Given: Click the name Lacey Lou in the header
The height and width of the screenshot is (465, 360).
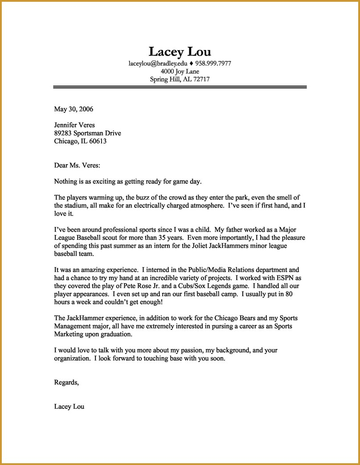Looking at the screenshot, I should click(x=180, y=51).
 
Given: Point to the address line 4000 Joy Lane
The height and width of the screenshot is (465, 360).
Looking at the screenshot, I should click(x=180, y=71).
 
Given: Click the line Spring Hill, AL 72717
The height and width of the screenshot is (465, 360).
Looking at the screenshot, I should click(x=180, y=79).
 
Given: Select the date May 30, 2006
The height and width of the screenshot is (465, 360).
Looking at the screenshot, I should click(x=74, y=109).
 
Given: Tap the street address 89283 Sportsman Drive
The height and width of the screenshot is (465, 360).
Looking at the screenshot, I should click(x=87, y=133).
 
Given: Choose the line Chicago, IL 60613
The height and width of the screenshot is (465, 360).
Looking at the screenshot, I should click(x=80, y=141).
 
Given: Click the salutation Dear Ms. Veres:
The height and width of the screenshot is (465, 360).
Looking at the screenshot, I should click(x=77, y=165).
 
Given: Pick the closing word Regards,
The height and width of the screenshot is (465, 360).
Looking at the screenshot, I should click(x=66, y=382).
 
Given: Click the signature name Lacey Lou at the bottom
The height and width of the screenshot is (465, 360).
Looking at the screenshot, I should click(x=69, y=406).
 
